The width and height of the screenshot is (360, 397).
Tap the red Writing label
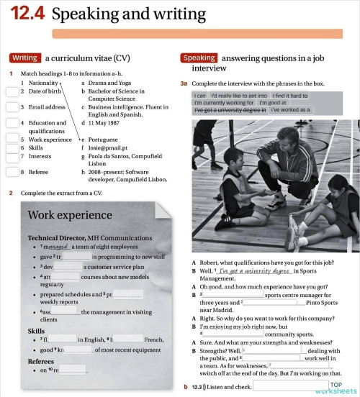pos(25,58)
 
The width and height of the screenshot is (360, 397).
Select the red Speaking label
pos(199,58)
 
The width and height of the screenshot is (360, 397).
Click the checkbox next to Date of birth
pos(12,92)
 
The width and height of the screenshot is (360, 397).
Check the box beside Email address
pos(12,108)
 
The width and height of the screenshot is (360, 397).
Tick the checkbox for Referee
pos(12,172)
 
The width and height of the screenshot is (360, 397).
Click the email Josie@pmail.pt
pos(109,147)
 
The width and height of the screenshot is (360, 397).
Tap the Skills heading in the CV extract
pos(36,331)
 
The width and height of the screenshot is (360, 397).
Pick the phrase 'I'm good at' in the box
pos(273,102)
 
